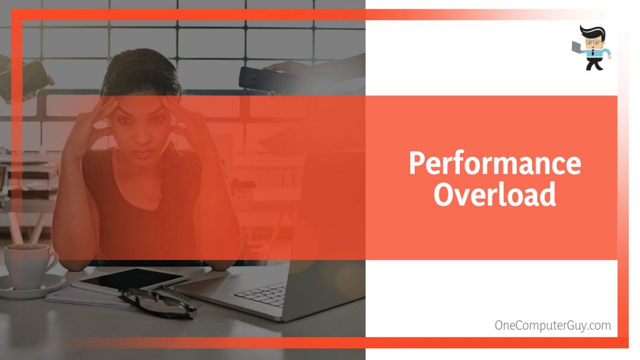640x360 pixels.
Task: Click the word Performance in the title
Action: tap(495, 163)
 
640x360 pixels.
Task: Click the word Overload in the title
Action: tap(495, 194)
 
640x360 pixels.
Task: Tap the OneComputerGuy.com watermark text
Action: tap(553, 326)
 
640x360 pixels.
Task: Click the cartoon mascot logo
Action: tap(591, 48)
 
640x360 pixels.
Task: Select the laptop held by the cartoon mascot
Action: tap(577, 47)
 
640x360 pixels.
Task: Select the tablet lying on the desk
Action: tap(131, 280)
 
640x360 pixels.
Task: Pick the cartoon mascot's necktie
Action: tap(593, 52)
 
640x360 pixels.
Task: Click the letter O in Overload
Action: tap(444, 194)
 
